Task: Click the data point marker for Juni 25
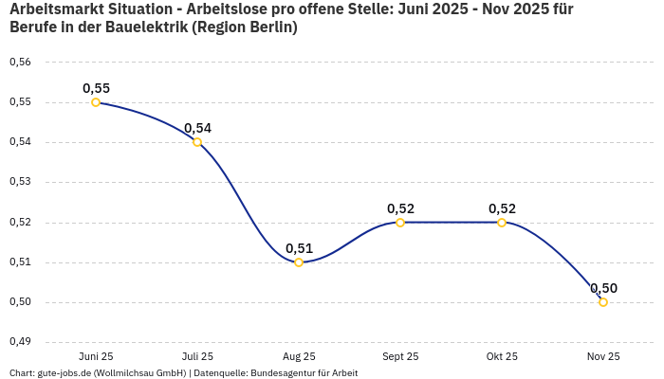(96, 102)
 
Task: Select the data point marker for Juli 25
(197, 142)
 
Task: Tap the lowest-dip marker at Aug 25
(299, 262)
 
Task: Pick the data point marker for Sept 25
(400, 223)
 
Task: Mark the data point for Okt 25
(502, 223)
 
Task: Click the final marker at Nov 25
(603, 302)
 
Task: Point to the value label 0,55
(96, 88)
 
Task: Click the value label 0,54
(197, 128)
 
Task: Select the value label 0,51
(299, 248)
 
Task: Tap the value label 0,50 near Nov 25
(603, 288)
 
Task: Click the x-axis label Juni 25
(96, 357)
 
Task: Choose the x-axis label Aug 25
(299, 357)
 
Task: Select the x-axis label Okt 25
(502, 357)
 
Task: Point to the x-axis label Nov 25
(603, 357)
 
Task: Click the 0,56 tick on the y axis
(20, 63)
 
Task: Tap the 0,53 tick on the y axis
(20, 182)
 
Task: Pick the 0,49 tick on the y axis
(20, 342)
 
